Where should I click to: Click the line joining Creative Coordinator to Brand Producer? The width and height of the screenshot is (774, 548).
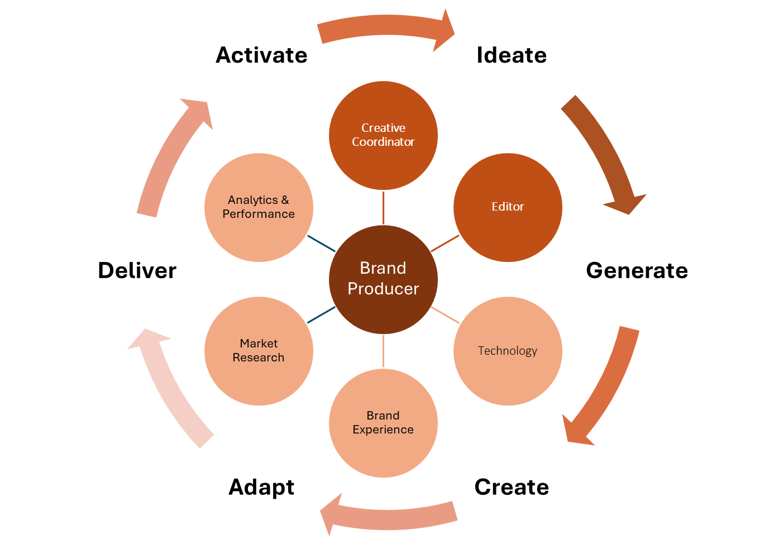point(384,207)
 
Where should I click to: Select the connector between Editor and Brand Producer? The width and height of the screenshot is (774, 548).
point(446,243)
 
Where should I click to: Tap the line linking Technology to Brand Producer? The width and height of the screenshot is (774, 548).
point(446,315)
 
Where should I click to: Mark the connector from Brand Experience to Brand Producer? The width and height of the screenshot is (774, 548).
point(384,351)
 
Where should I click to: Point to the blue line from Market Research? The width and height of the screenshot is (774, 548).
point(321,315)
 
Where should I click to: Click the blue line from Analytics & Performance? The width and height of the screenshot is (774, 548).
point(321,243)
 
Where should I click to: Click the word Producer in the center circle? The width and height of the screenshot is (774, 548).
point(383,289)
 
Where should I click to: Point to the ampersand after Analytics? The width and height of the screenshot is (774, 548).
point(285,200)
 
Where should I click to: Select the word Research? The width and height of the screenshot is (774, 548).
point(259,358)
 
